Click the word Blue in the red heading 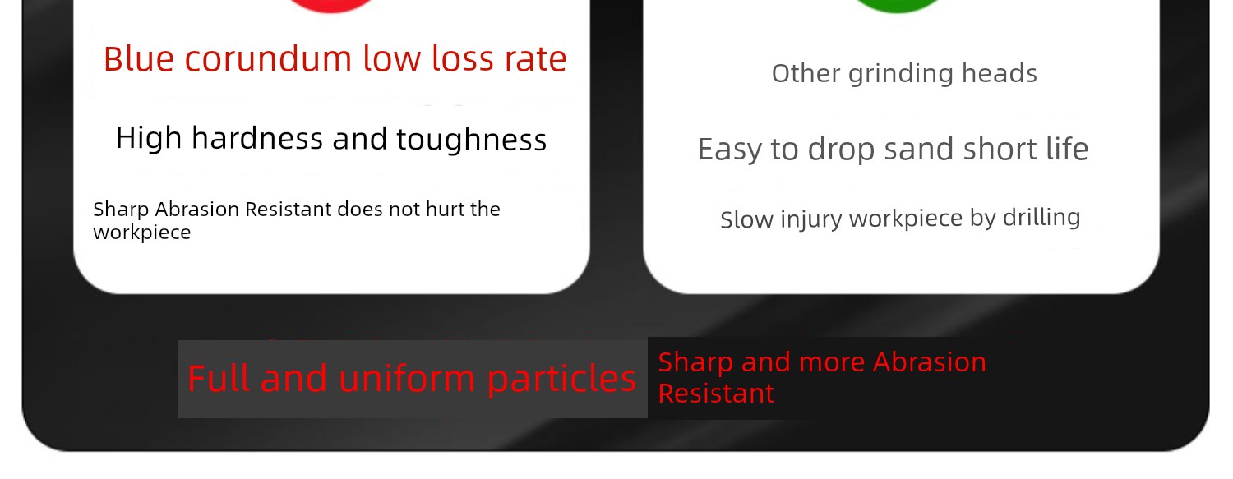pos(139,59)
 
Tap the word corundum pos(268,59)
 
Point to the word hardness pos(257,138)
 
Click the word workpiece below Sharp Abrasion pos(142,233)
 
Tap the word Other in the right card pos(806,73)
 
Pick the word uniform pos(407,379)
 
